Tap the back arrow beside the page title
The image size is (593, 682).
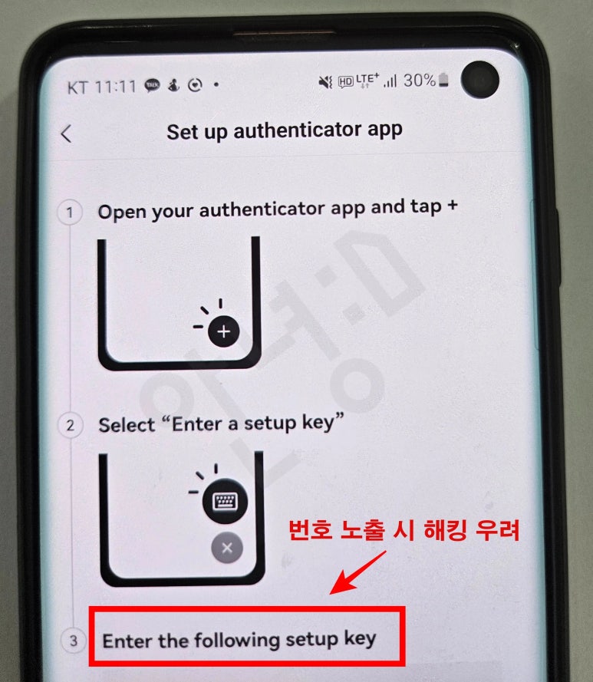pos(66,133)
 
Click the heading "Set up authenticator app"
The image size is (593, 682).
pos(284,130)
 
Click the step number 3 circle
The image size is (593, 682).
pos(73,641)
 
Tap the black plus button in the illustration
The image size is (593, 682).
pos(224,331)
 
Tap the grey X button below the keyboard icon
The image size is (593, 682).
pos(227,548)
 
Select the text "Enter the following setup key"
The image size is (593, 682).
pos(239,640)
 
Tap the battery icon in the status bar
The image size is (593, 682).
pos(446,80)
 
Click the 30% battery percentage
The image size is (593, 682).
pos(420,81)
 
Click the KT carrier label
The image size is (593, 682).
pos(78,87)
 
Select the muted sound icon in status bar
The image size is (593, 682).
pos(325,81)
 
